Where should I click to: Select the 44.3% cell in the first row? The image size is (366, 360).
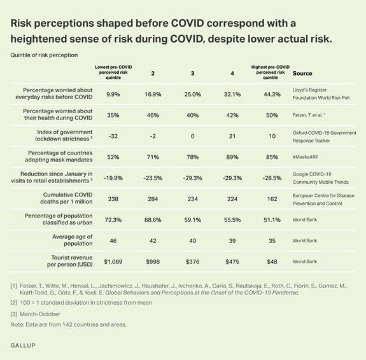click(271, 95)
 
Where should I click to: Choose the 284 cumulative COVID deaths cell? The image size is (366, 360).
click(151, 199)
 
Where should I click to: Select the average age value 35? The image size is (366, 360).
click(271, 240)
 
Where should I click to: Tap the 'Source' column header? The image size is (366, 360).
click(302, 74)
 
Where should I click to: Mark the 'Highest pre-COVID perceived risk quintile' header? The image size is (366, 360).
click(271, 72)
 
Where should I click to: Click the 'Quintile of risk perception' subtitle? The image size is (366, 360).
click(44, 55)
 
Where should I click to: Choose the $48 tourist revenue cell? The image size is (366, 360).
click(271, 261)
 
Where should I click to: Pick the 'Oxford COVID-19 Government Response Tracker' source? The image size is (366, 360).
click(323, 137)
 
